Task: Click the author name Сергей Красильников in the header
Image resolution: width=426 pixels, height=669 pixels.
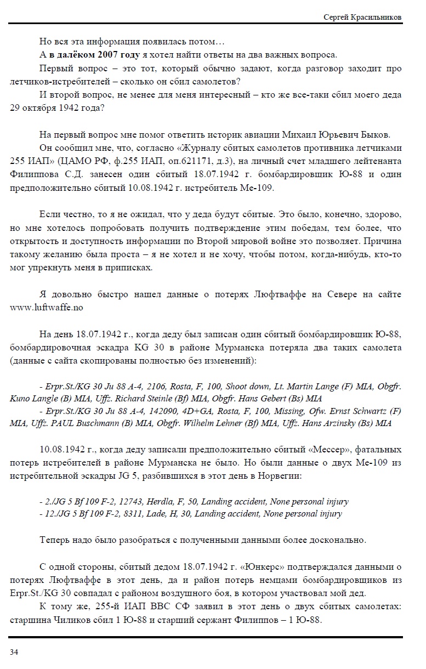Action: click(x=362, y=18)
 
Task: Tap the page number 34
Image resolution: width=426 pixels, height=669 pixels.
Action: click(x=14, y=651)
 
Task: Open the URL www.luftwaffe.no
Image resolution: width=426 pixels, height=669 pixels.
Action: click(x=46, y=308)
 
